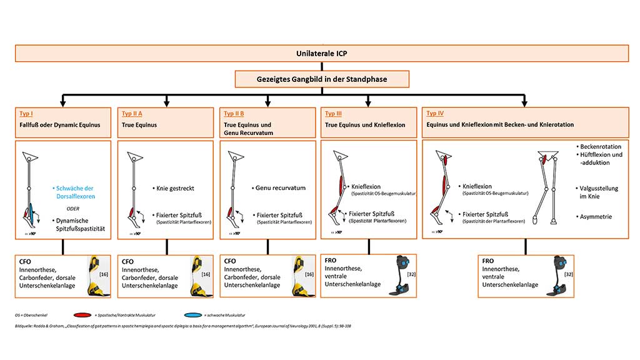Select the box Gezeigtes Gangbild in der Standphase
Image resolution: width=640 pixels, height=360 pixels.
322,79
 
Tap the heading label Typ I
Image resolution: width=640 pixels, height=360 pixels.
26,113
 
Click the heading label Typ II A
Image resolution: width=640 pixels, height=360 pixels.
131,113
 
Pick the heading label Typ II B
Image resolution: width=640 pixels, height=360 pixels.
235,113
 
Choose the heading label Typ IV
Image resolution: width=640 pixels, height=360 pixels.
436,113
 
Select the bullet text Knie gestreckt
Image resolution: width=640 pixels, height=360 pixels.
178,187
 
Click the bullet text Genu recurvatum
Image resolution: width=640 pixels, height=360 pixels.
281,187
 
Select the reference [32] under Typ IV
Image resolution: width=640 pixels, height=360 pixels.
567,274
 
